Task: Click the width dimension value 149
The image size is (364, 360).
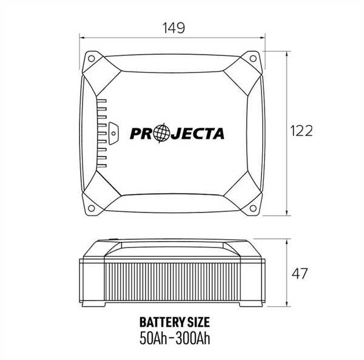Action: pyautogui.click(x=174, y=27)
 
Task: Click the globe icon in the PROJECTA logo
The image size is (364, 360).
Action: pyautogui.click(x=160, y=133)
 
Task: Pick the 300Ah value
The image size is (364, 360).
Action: pyautogui.click(x=196, y=338)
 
